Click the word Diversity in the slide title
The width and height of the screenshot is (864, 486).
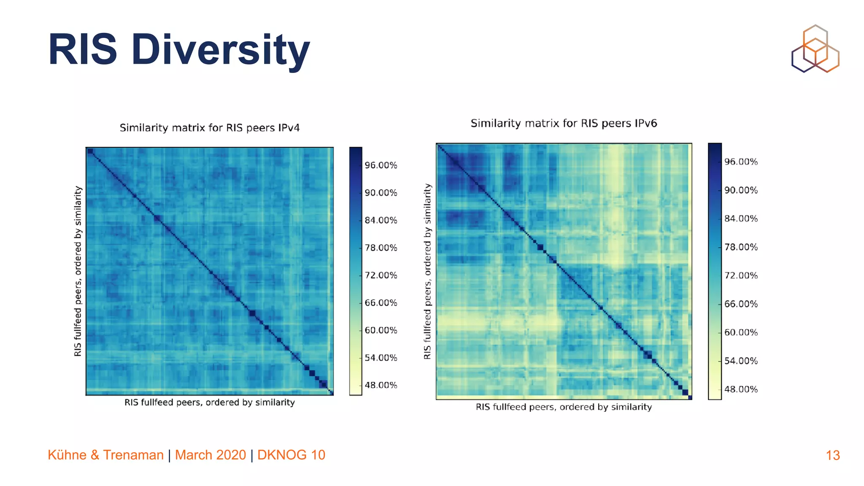click(220, 50)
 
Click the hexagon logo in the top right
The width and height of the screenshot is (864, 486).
click(815, 49)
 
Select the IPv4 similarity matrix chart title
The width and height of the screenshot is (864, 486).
click(210, 128)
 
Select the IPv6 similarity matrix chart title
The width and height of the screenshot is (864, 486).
click(564, 123)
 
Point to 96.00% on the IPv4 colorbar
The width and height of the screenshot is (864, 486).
click(381, 165)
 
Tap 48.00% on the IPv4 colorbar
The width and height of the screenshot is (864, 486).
click(381, 385)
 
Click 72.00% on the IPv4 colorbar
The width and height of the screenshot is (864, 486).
click(381, 275)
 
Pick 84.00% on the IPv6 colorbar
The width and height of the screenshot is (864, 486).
click(741, 219)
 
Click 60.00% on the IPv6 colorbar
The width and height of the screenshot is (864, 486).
click(741, 332)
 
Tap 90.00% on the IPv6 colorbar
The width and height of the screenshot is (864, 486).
click(741, 190)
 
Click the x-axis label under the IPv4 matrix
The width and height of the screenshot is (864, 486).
click(210, 402)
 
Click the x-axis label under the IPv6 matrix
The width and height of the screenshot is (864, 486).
click(564, 407)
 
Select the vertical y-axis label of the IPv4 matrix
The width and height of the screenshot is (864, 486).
click(78, 271)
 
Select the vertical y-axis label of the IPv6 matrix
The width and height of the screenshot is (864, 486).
click(427, 271)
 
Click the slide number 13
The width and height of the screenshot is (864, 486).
click(832, 455)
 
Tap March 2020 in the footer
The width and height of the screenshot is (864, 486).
click(210, 455)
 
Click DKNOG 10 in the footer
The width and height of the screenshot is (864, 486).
click(291, 455)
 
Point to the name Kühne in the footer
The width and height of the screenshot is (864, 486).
click(67, 455)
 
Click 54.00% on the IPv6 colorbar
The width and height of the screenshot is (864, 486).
click(741, 361)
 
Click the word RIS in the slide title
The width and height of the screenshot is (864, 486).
click(82, 50)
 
